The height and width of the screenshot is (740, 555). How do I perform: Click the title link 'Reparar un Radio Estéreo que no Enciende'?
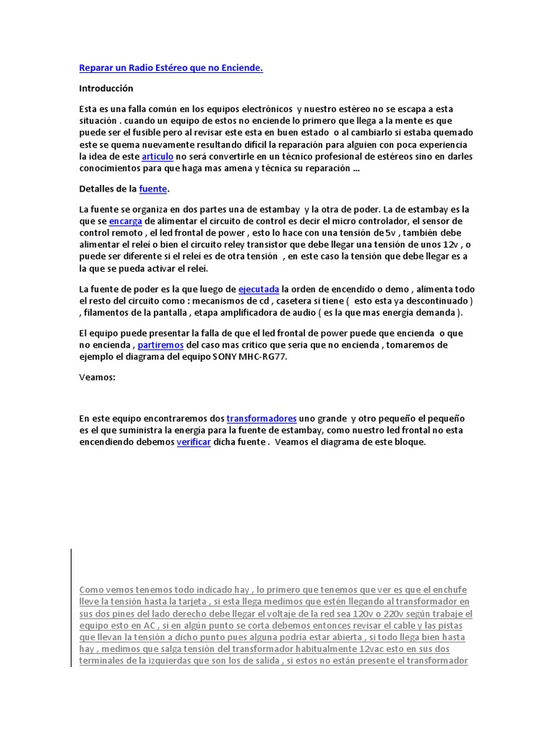point(171,68)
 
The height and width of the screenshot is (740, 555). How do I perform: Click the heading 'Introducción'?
point(106,88)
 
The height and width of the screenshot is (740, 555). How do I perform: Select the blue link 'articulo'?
point(158,156)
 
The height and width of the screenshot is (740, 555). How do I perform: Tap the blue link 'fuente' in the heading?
point(152,189)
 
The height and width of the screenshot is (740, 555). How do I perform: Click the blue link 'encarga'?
point(125,221)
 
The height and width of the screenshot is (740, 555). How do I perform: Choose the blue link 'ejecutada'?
point(259,288)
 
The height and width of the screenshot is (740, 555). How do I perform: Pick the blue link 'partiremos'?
point(160,345)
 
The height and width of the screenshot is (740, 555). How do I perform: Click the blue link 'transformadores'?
point(262,418)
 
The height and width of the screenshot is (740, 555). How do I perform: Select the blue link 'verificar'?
point(194,442)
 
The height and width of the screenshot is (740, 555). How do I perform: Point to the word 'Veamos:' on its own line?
point(97,377)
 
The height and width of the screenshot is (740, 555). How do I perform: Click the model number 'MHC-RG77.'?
point(262,357)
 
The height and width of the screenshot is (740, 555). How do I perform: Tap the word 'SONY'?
point(225,357)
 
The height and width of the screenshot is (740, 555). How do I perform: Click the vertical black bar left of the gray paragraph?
point(72,607)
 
